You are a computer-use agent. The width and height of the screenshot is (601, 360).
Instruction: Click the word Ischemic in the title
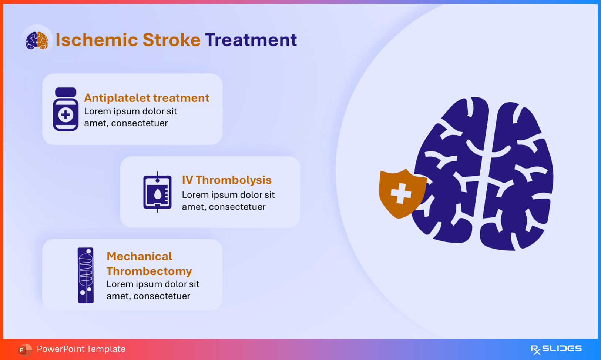[x=97, y=40]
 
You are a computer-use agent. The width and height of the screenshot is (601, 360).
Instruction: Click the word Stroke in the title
[x=171, y=40]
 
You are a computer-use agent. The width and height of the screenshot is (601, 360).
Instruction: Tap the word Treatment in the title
[x=251, y=40]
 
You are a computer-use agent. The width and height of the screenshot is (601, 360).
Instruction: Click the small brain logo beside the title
[x=37, y=40]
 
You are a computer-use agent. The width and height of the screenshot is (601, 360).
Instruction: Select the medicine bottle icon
[x=66, y=109]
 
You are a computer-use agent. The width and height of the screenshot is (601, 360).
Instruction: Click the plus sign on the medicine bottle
[x=66, y=115]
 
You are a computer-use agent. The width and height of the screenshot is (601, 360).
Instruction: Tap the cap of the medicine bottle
[x=66, y=92]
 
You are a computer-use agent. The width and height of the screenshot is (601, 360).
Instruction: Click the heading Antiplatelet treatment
[x=147, y=98]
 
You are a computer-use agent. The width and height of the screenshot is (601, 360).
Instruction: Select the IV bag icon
[x=157, y=192]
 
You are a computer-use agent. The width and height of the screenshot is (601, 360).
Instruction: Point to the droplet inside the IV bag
[x=158, y=194]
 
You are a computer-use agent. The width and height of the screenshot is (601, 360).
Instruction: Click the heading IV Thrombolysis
[x=227, y=180]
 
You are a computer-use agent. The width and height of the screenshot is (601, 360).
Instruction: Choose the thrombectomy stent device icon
[x=85, y=275]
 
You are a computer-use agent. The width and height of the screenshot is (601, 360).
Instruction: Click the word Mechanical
[x=139, y=256]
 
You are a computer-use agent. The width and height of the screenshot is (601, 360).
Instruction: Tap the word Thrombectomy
[x=149, y=271]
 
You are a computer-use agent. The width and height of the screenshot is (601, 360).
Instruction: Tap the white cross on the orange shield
[x=401, y=193]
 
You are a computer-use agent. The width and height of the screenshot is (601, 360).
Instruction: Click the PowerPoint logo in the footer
[x=25, y=350]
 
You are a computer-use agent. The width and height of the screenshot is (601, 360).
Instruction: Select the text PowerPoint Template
[x=81, y=349]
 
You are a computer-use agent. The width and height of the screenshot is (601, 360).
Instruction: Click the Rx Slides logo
[x=556, y=349]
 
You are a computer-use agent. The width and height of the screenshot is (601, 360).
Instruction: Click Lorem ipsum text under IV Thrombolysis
[x=228, y=201]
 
